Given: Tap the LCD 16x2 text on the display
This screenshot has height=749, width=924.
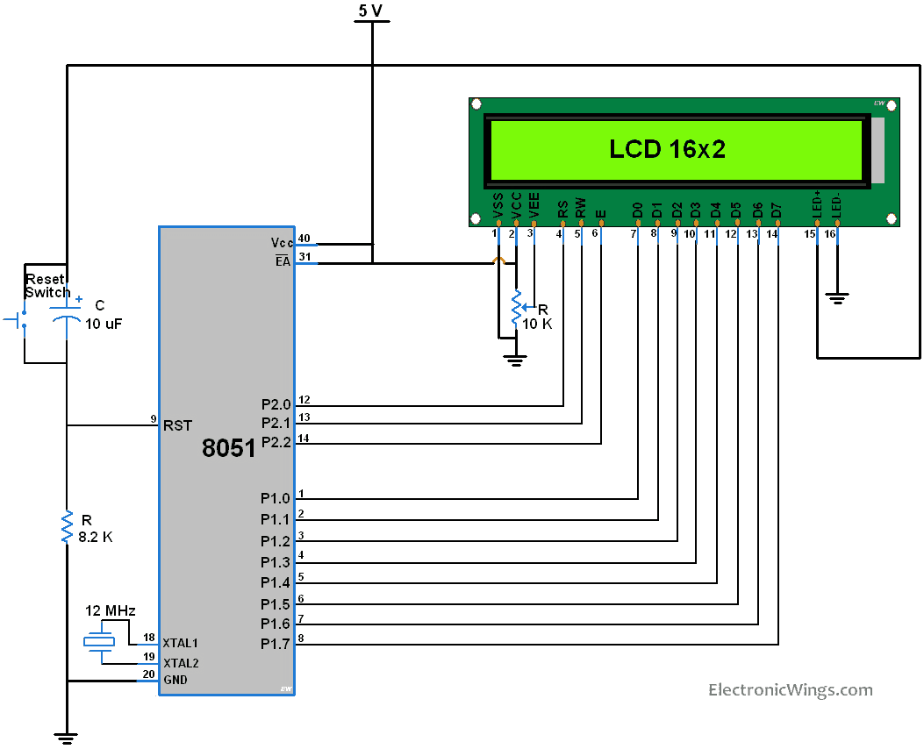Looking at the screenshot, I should pos(667,149).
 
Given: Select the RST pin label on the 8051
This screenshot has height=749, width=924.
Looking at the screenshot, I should pos(177,425).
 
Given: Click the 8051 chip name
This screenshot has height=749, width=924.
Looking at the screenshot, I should pos(228,448).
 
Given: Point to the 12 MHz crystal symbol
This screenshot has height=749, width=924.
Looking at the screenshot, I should pos(99,642).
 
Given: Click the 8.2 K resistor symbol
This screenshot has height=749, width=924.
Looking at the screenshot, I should pos(67,527).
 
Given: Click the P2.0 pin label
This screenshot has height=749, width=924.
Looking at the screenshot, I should pos(275,404).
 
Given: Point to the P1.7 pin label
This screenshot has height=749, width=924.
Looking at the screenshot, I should pos(275,645).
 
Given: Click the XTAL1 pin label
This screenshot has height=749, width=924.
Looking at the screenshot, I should pos(181,643).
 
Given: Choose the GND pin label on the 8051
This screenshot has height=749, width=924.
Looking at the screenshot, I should pos(175,680).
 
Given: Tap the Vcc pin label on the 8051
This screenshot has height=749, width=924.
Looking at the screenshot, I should pos(282,242).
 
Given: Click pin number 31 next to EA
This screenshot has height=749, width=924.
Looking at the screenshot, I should pos(304,257).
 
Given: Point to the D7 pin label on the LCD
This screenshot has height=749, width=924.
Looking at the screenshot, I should pos(776,210).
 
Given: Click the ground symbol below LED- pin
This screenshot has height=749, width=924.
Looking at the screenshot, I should pos(838,299).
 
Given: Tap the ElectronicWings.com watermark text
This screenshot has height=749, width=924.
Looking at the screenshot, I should pos(790,690).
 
